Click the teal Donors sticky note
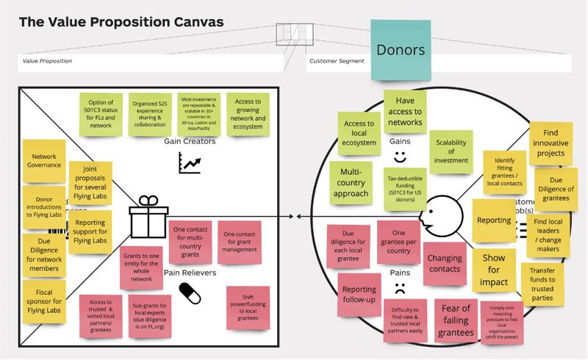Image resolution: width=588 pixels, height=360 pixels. click(x=401, y=49)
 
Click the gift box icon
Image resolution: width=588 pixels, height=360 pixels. click(x=148, y=216)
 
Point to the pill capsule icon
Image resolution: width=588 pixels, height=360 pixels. click(x=190, y=295)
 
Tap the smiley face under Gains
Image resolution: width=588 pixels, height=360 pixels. click(x=399, y=156)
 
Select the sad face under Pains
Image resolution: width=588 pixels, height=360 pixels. click(x=399, y=287)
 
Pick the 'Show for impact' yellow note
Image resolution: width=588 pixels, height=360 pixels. click(x=493, y=270)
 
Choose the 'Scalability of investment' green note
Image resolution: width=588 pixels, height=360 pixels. click(x=451, y=151)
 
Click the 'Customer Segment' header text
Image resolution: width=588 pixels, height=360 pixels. click(x=337, y=61)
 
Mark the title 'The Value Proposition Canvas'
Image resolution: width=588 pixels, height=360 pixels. click(x=121, y=22)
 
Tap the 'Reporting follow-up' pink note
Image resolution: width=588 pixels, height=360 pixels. click(x=359, y=294)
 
